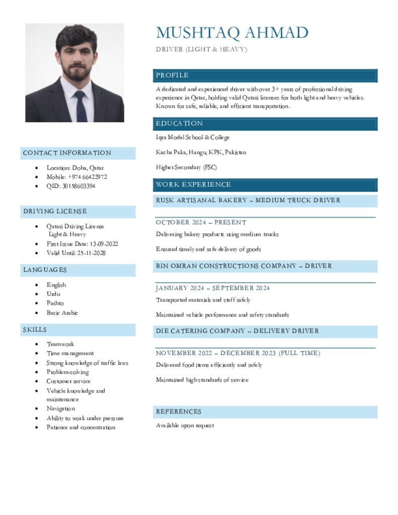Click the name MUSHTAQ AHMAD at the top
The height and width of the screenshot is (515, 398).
[x=232, y=33]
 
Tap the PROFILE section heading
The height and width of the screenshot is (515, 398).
[x=172, y=75]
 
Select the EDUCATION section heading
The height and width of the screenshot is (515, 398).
[x=179, y=124]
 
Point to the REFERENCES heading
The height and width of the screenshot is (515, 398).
[x=179, y=412]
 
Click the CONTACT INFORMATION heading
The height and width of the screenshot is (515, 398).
[x=67, y=153]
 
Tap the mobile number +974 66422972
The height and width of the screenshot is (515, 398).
[x=77, y=177]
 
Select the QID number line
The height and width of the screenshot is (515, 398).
[x=71, y=186]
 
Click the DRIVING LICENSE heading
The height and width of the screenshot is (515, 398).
[x=55, y=211]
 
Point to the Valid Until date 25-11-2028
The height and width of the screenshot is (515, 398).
[x=76, y=253]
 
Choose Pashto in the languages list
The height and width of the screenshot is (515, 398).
[x=55, y=303]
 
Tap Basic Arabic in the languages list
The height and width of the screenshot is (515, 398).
[x=62, y=313]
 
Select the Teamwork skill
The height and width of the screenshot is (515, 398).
[x=60, y=344]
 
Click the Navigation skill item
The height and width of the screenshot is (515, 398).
[x=61, y=409]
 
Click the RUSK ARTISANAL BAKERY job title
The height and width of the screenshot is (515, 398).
[x=248, y=200]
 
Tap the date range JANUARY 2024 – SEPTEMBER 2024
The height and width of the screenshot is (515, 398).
[x=213, y=288]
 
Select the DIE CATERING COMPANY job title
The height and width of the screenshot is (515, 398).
[x=237, y=331]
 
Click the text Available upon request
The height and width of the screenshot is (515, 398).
[x=185, y=425]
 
